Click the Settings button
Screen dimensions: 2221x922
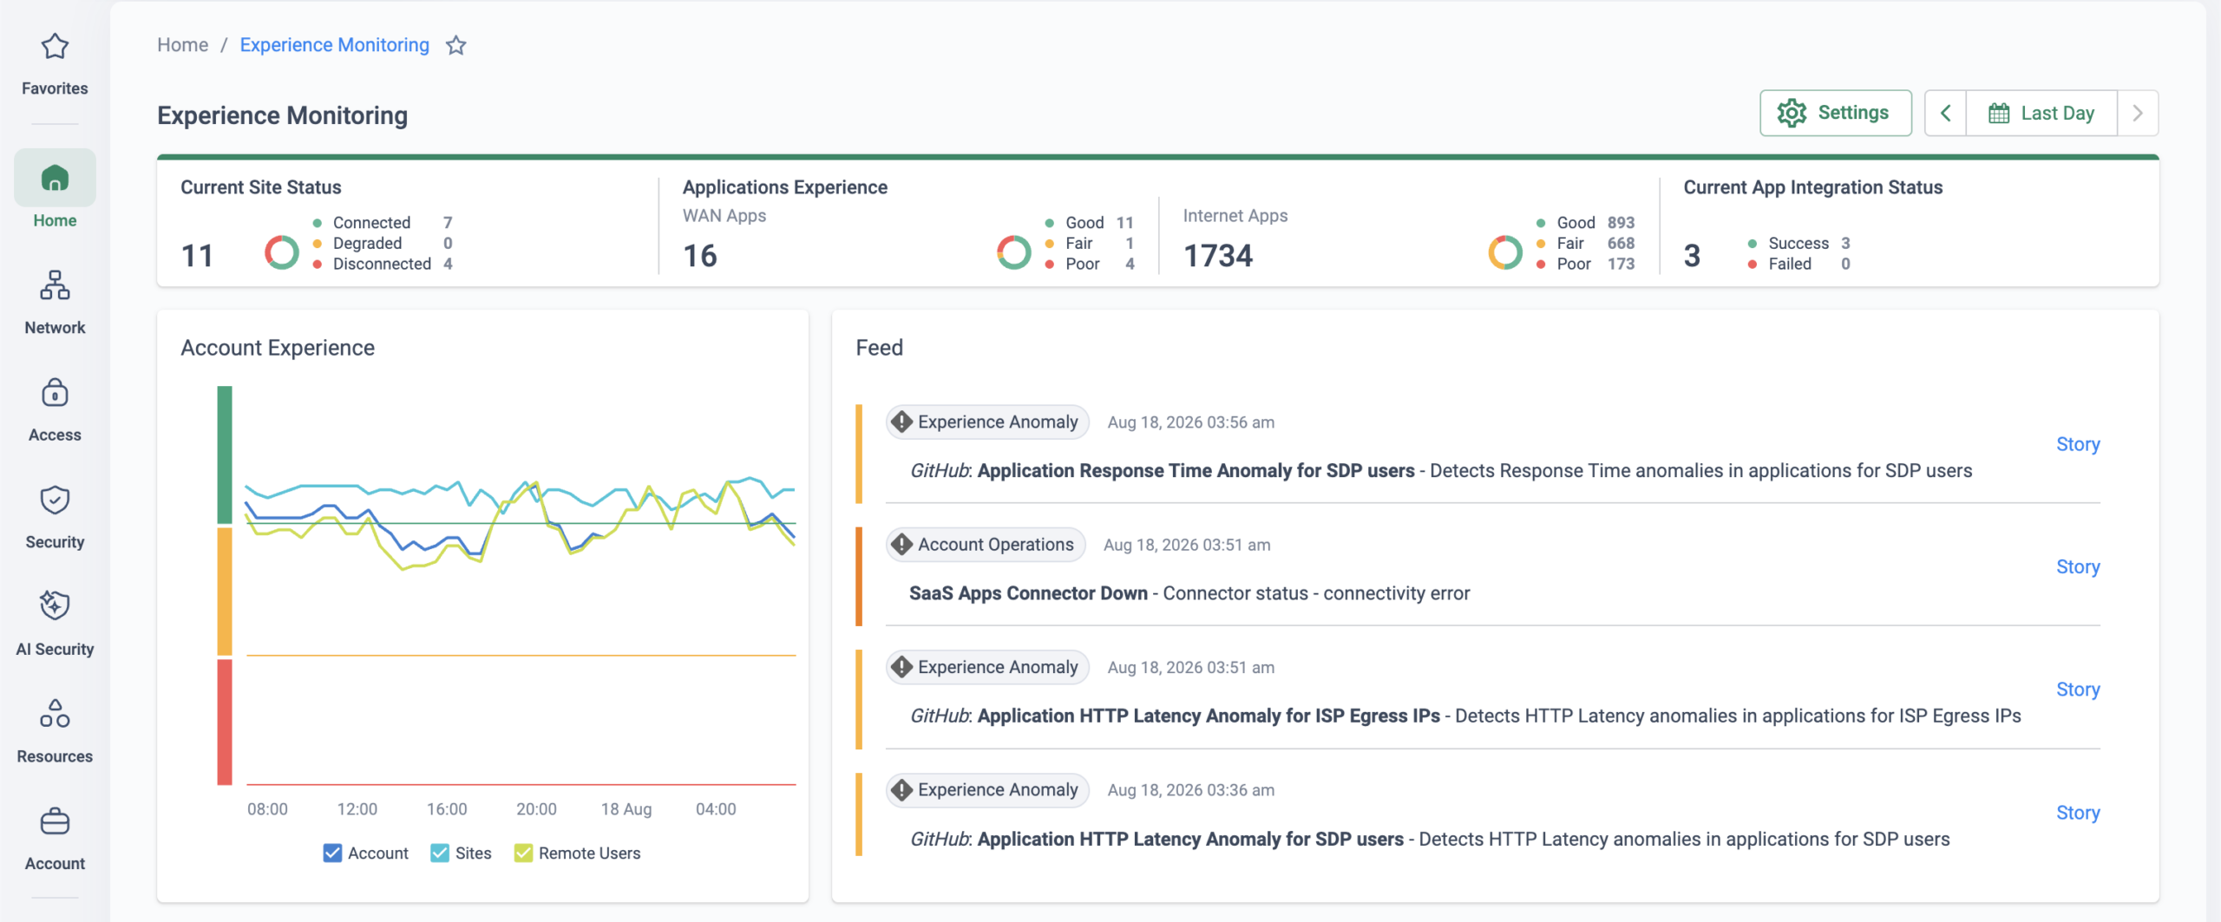(x=1835, y=113)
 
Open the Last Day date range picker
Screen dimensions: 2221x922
(x=2041, y=113)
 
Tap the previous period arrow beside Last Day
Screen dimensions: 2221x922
(x=1946, y=113)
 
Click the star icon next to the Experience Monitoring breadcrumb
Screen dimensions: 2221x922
(x=456, y=45)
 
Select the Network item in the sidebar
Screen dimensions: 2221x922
(x=55, y=302)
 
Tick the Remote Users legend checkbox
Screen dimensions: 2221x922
(x=523, y=853)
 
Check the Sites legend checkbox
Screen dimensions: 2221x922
(x=440, y=853)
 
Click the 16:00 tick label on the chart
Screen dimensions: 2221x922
(x=447, y=809)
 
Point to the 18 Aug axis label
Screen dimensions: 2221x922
(x=626, y=809)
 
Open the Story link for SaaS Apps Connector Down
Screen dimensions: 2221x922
(x=2078, y=567)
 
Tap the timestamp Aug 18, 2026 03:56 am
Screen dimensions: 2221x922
(x=1191, y=422)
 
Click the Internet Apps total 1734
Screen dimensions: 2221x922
(x=1218, y=256)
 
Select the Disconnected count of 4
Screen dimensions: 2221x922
(x=448, y=264)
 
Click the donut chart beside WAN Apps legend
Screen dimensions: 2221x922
(x=1014, y=252)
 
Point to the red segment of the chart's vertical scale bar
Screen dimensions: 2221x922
(x=225, y=722)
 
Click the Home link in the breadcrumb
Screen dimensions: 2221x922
(x=182, y=45)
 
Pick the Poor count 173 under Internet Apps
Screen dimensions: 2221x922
(x=1621, y=264)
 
